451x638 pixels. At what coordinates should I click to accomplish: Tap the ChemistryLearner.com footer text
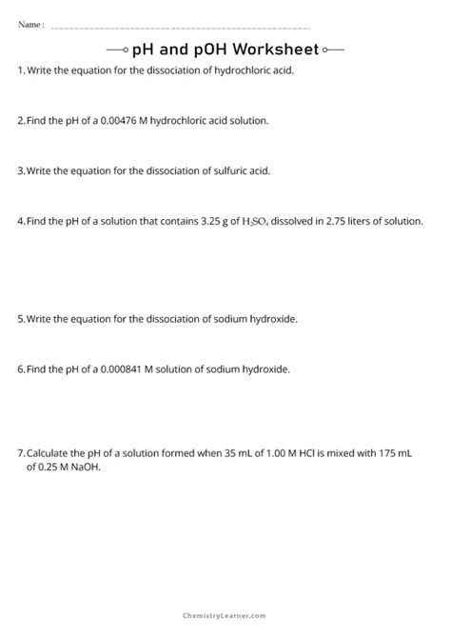225,617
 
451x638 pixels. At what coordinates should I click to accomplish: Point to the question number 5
21,319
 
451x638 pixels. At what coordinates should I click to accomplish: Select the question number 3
21,171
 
